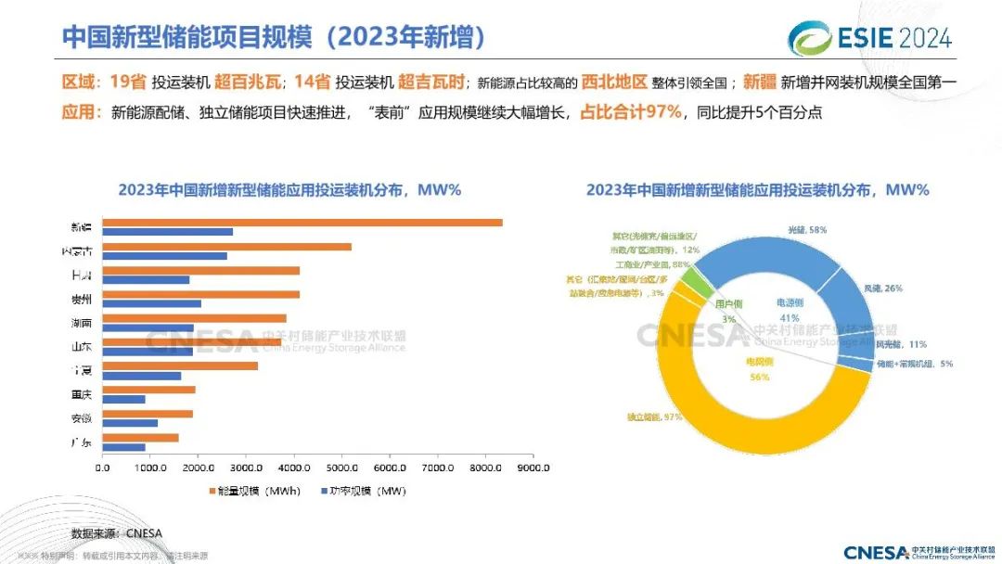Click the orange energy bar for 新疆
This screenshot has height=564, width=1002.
click(x=302, y=223)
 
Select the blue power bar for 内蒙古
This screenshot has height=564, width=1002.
click(x=164, y=256)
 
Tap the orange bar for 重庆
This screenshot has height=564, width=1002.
click(x=148, y=390)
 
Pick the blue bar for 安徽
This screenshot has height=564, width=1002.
click(x=130, y=423)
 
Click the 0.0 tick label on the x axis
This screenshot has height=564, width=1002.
click(x=102, y=467)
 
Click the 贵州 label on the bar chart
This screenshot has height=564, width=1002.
click(x=82, y=299)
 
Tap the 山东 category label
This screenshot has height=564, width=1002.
click(x=82, y=346)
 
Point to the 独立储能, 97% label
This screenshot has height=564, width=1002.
click(x=654, y=417)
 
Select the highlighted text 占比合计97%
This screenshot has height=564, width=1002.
click(x=631, y=112)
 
